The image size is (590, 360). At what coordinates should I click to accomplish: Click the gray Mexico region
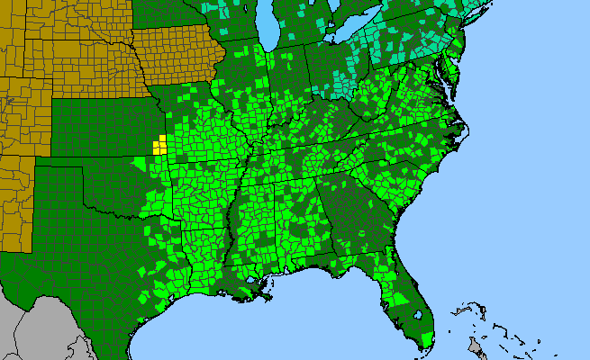pos(36,324)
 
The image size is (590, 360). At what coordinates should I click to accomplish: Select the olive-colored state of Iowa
pos(176,54)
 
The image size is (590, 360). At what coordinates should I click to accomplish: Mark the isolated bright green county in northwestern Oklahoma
pos(136,163)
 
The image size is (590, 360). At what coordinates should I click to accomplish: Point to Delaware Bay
pos(458,76)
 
